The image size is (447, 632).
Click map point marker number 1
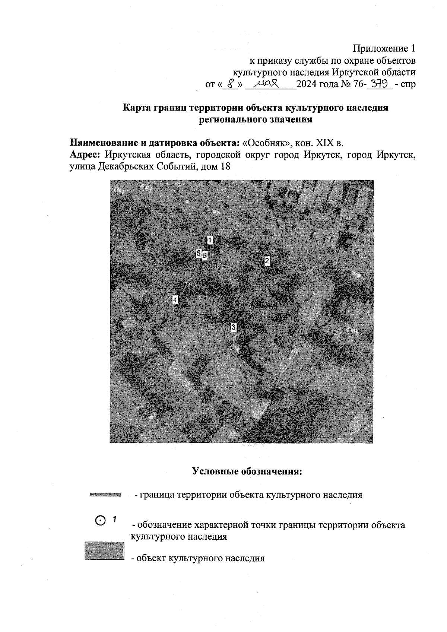pos(210,240)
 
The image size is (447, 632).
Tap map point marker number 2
pos(267,261)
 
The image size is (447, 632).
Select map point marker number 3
pos(234,327)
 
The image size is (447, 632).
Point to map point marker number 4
pos(175,300)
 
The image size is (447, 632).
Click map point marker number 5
pos(199,253)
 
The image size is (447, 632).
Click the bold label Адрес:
pos(85,155)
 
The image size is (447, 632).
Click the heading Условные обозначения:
pos(247,471)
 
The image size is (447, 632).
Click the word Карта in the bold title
pos(136,108)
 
